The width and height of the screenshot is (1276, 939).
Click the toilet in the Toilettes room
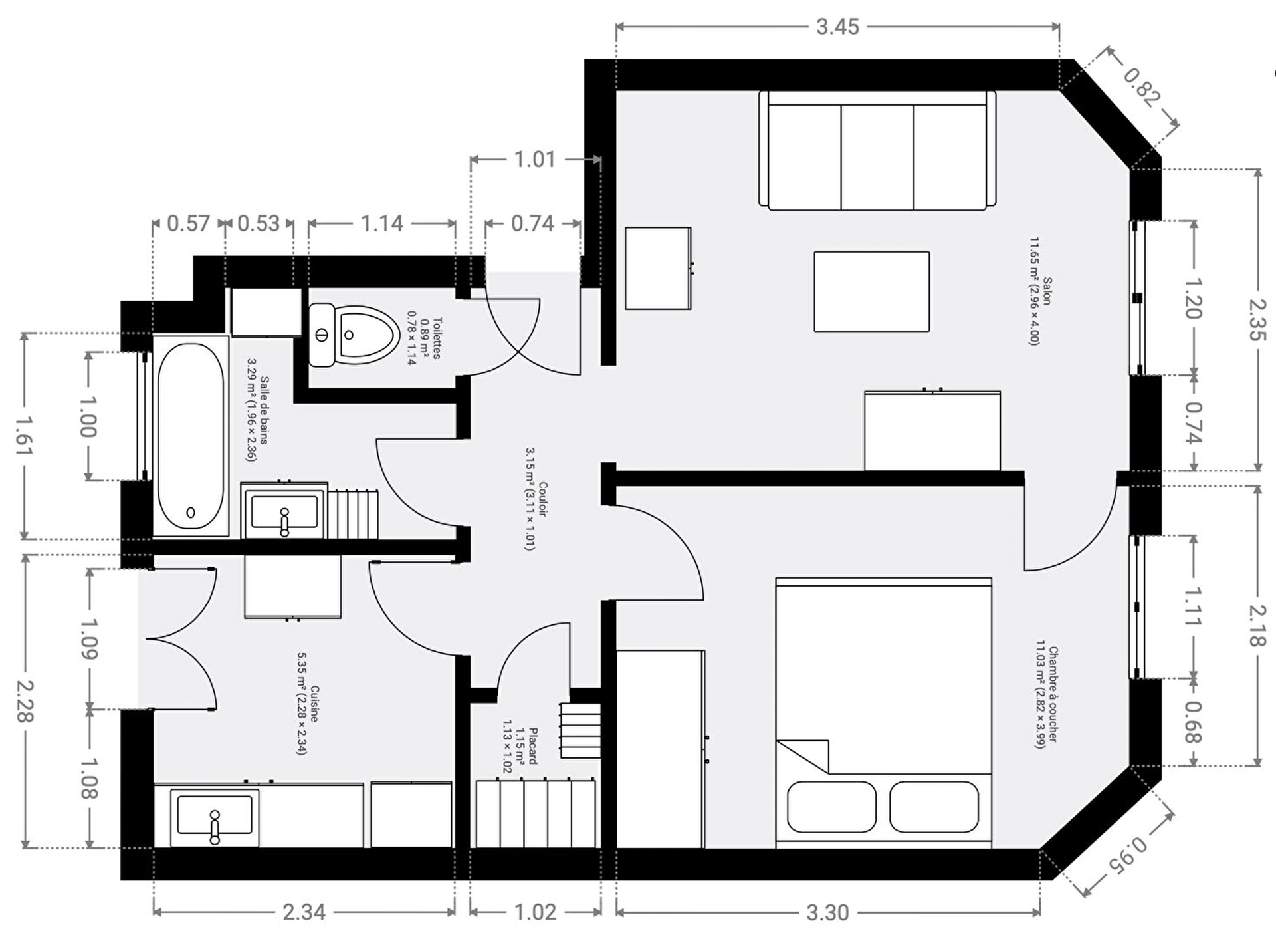(x=354, y=335)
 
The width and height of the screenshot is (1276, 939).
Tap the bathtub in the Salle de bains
(x=191, y=436)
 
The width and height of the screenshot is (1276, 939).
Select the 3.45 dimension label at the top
(x=837, y=27)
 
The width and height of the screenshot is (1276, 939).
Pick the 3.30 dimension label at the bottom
(x=827, y=912)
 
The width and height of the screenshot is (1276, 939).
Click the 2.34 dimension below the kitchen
(x=304, y=912)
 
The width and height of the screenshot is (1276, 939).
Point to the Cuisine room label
(x=308, y=703)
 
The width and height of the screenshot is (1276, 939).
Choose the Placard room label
(x=519, y=745)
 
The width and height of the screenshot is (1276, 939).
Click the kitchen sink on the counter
(x=214, y=817)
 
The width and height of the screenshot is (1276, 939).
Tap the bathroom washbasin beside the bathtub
(x=284, y=511)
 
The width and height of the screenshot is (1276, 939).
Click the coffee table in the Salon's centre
(x=872, y=291)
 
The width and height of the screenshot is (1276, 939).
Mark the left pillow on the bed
(x=831, y=807)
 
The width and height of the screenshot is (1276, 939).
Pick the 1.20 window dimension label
(x=1194, y=298)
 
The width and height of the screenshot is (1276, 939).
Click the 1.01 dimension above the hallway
(x=535, y=160)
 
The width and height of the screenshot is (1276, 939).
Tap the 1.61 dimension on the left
(x=25, y=435)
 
